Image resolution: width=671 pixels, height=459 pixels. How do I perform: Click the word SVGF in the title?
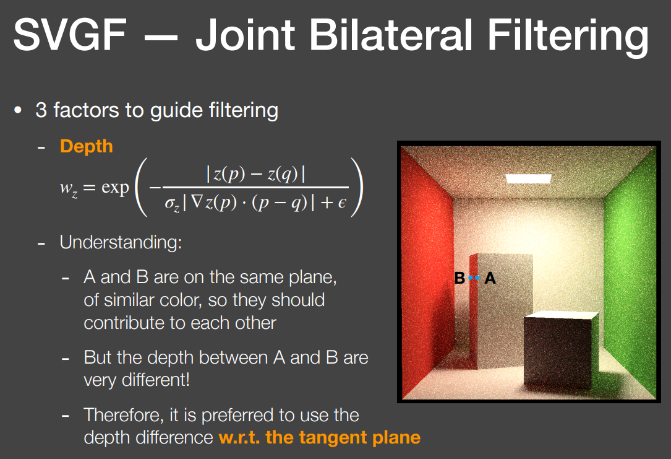click(x=70, y=34)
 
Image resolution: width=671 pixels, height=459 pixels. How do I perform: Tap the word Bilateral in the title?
click(x=391, y=34)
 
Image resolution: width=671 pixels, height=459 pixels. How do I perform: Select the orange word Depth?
click(x=87, y=147)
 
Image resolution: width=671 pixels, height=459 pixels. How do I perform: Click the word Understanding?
click(x=121, y=243)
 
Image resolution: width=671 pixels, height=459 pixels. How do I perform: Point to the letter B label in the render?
click(x=459, y=278)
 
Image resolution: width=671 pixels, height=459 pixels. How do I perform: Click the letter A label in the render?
click(x=490, y=278)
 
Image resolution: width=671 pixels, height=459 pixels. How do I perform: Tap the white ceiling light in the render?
click(x=529, y=179)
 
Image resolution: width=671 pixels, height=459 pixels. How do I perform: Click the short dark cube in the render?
click(x=560, y=349)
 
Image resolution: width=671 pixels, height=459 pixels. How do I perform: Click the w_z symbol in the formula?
click(x=69, y=188)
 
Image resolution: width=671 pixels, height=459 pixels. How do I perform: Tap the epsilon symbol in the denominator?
click(x=342, y=203)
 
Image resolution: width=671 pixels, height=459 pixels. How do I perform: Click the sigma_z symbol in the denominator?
click(x=172, y=204)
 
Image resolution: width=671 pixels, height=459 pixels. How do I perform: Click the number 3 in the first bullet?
click(x=41, y=110)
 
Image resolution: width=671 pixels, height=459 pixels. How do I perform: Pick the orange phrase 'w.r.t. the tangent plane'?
click(x=320, y=437)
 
